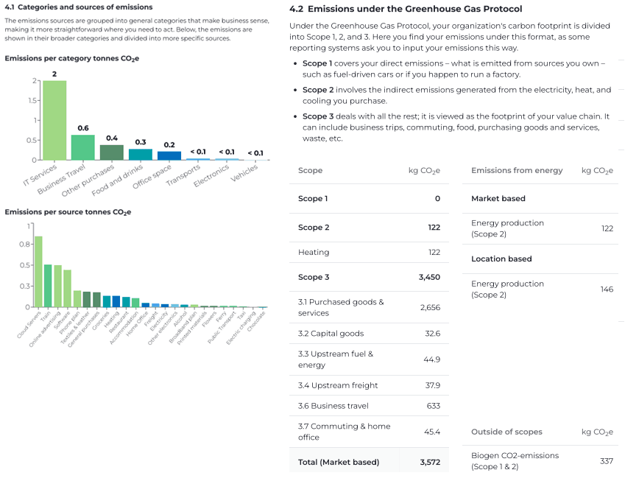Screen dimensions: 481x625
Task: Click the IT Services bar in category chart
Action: click(x=54, y=120)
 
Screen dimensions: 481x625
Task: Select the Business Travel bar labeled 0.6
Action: click(x=82, y=147)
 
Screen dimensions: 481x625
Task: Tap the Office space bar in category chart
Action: click(x=169, y=155)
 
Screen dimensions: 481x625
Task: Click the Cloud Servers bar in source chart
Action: click(x=38, y=271)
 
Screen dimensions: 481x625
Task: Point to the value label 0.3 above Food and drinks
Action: click(x=140, y=142)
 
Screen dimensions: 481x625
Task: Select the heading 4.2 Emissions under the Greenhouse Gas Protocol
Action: click(x=406, y=9)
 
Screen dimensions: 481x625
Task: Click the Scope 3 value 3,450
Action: click(x=429, y=277)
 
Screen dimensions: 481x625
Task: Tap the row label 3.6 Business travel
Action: click(x=333, y=406)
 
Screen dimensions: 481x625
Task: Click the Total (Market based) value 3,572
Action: click(x=429, y=462)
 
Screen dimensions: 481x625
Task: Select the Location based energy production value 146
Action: click(x=606, y=289)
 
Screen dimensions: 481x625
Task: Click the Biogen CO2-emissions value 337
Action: click(x=606, y=461)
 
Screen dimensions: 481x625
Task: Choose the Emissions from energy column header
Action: click(x=517, y=170)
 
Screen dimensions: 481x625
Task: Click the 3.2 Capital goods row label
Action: click(x=331, y=333)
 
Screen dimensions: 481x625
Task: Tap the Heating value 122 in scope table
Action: click(x=434, y=252)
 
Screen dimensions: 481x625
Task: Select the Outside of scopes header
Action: click(x=506, y=432)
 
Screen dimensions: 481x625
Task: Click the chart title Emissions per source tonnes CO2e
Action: click(x=68, y=212)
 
